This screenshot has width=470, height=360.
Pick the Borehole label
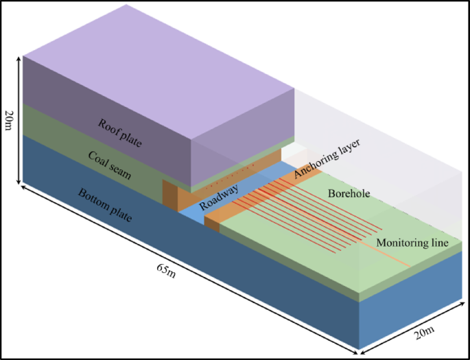pos(349,194)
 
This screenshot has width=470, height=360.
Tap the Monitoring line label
pos(412,243)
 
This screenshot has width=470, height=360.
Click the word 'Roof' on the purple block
pos(109,127)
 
